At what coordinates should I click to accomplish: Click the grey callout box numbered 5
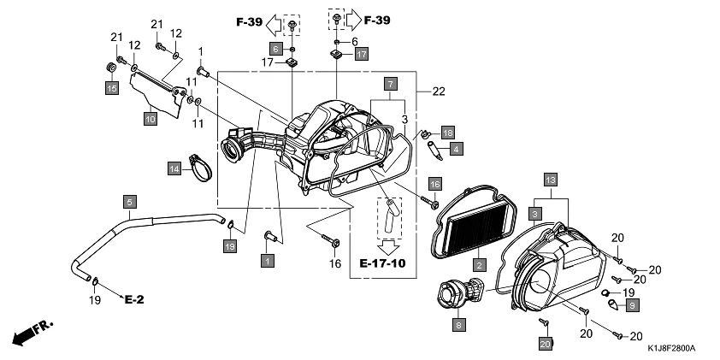tap(129, 202)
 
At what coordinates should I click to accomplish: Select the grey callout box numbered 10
tap(150, 119)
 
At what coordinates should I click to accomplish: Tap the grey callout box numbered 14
tap(174, 168)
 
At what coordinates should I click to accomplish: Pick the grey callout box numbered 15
tap(111, 87)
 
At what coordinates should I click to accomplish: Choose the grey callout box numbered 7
tap(390, 84)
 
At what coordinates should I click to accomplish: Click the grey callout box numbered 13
tap(551, 179)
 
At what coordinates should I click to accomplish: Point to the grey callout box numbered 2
tap(481, 265)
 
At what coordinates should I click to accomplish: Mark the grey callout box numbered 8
tap(459, 324)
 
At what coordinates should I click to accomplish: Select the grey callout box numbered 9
tap(632, 304)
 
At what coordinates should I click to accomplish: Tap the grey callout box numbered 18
tap(447, 132)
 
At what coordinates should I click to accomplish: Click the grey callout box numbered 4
tap(457, 149)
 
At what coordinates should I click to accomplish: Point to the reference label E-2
tap(135, 300)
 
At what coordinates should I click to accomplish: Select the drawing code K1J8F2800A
tap(671, 349)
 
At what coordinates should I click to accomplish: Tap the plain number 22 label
tap(440, 91)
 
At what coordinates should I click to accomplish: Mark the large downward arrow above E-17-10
tap(391, 245)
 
